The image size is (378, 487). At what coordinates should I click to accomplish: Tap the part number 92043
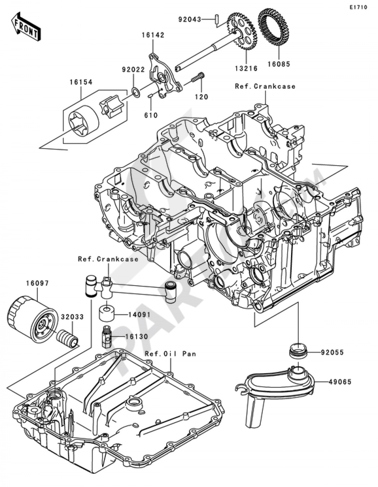(x=190, y=20)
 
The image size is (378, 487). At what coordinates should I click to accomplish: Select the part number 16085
(x=279, y=64)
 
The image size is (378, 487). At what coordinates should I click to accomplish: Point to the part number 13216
(x=246, y=69)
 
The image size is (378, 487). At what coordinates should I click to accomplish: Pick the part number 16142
(x=153, y=35)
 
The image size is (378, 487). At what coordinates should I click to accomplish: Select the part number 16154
(x=81, y=82)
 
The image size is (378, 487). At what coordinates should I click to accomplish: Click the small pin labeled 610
(x=151, y=96)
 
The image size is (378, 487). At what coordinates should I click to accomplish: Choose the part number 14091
(x=139, y=315)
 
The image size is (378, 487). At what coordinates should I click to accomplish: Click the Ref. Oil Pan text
(x=170, y=354)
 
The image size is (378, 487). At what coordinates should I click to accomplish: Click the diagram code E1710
(x=358, y=7)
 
